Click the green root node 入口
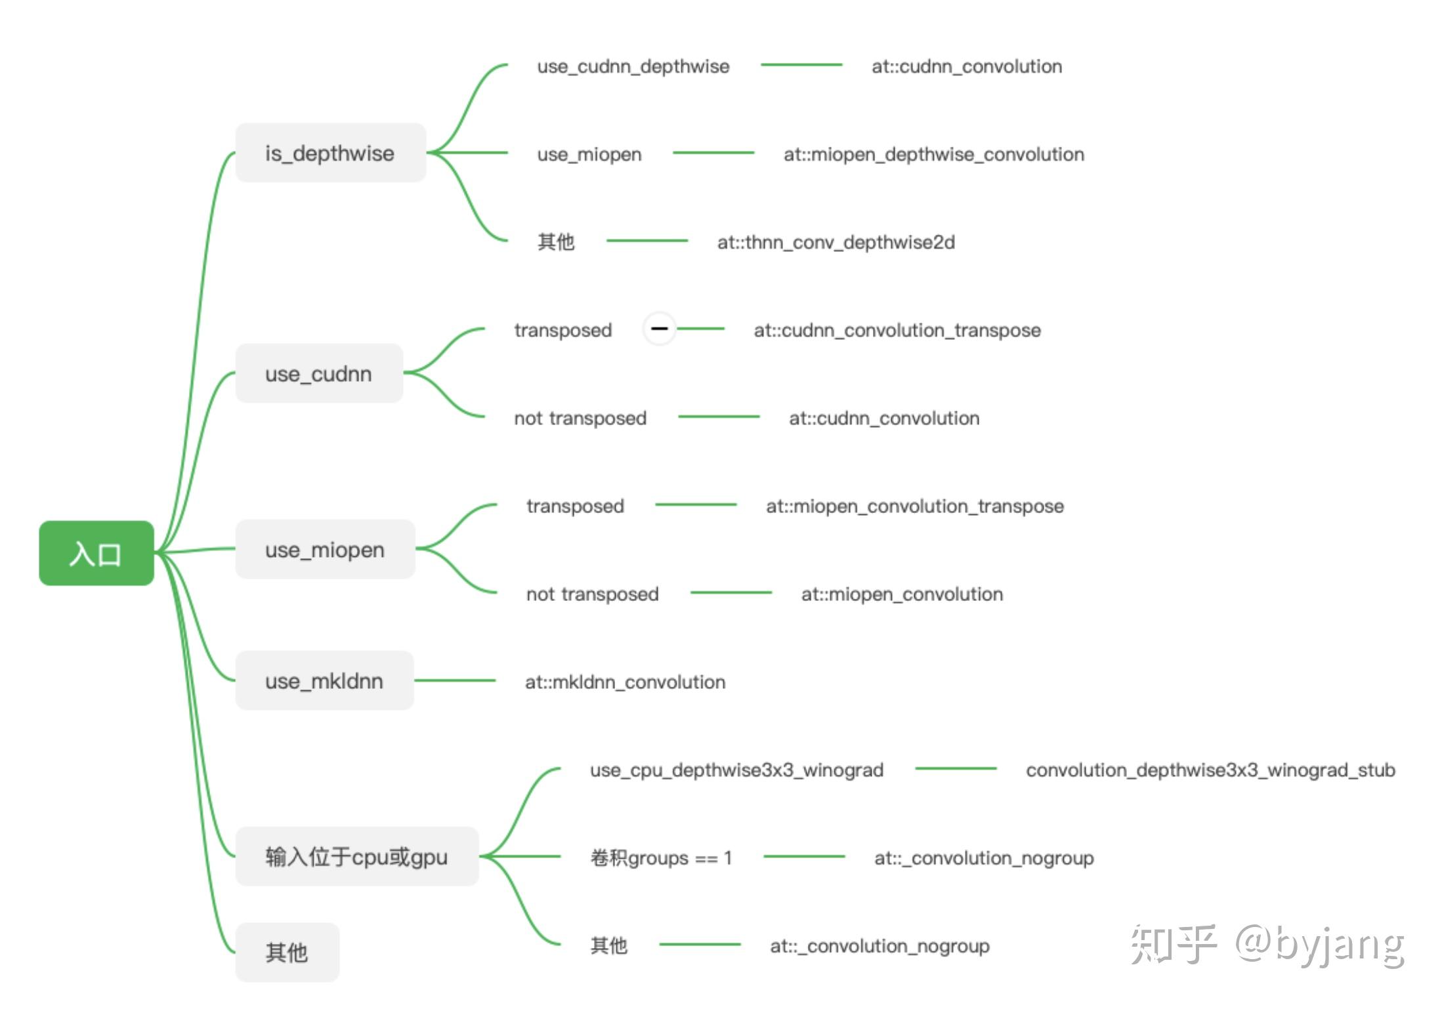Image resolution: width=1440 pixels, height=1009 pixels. (96, 553)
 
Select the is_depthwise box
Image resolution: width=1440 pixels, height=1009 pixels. (331, 153)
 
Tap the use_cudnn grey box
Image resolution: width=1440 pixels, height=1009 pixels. (319, 373)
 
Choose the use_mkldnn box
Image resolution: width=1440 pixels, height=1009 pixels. (325, 680)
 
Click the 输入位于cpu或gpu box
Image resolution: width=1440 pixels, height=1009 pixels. (357, 856)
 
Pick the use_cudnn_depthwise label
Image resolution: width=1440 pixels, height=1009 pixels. (633, 66)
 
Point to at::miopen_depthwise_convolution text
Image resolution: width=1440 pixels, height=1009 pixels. (934, 155)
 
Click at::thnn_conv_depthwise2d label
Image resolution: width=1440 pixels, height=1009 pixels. (836, 243)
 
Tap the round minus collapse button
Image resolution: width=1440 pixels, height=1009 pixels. (660, 328)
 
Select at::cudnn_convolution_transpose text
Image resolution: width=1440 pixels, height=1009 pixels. (897, 331)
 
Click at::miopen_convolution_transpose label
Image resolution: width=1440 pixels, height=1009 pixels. (915, 506)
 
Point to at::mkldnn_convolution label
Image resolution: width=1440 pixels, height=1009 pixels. (625, 682)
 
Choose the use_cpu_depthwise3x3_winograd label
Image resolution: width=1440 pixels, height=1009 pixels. (737, 770)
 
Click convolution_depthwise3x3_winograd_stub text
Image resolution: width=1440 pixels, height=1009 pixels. (1211, 770)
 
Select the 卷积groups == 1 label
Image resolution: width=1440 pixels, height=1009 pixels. (662, 858)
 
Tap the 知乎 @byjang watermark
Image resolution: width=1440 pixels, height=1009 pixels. (1267, 945)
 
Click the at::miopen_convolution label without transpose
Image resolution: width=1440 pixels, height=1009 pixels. (902, 594)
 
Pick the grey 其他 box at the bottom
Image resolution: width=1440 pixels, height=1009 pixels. (287, 952)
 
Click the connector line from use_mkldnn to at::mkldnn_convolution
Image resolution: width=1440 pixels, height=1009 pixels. (455, 680)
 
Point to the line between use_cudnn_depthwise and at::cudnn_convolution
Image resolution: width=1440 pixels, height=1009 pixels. (801, 65)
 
